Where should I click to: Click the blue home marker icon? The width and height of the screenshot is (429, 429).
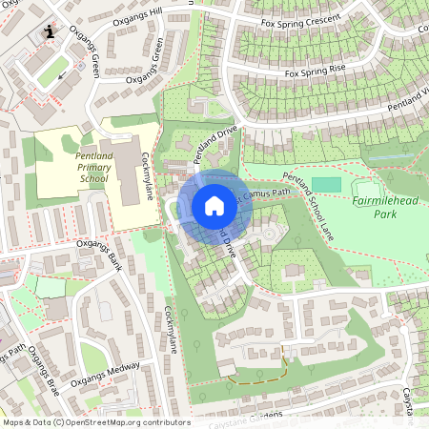(x=214, y=205)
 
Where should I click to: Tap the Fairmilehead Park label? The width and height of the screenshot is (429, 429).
(x=386, y=208)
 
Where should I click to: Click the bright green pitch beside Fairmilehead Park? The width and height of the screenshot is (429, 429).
(x=325, y=183)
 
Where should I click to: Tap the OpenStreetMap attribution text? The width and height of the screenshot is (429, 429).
(x=95, y=421)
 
